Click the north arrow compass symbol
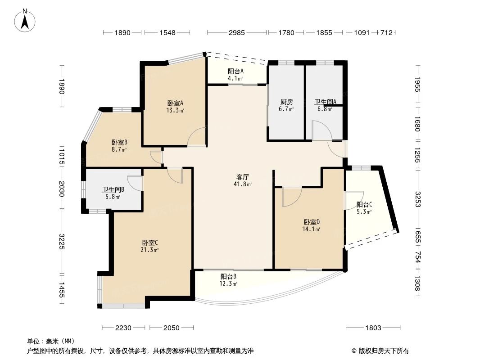(26, 20)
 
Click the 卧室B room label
(119, 143)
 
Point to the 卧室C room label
(149, 243)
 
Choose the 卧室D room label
(312, 222)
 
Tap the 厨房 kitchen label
(287, 102)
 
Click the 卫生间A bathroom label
(325, 102)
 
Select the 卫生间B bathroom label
(113, 189)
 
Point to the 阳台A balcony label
(235, 71)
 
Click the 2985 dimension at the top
(237, 32)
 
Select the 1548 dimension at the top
(167, 32)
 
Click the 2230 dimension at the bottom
(123, 328)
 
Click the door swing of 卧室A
(197, 137)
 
